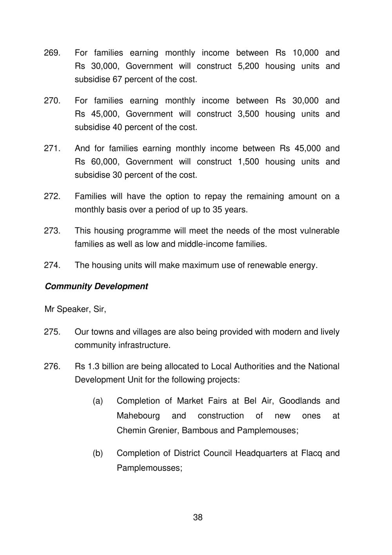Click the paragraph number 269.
(52, 53)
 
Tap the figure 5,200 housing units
(248, 66)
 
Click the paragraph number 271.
(52, 148)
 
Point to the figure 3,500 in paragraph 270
(248, 114)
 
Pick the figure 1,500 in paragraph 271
(248, 162)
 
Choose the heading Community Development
(96, 287)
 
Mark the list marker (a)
(98, 401)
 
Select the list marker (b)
(98, 453)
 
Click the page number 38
(198, 517)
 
